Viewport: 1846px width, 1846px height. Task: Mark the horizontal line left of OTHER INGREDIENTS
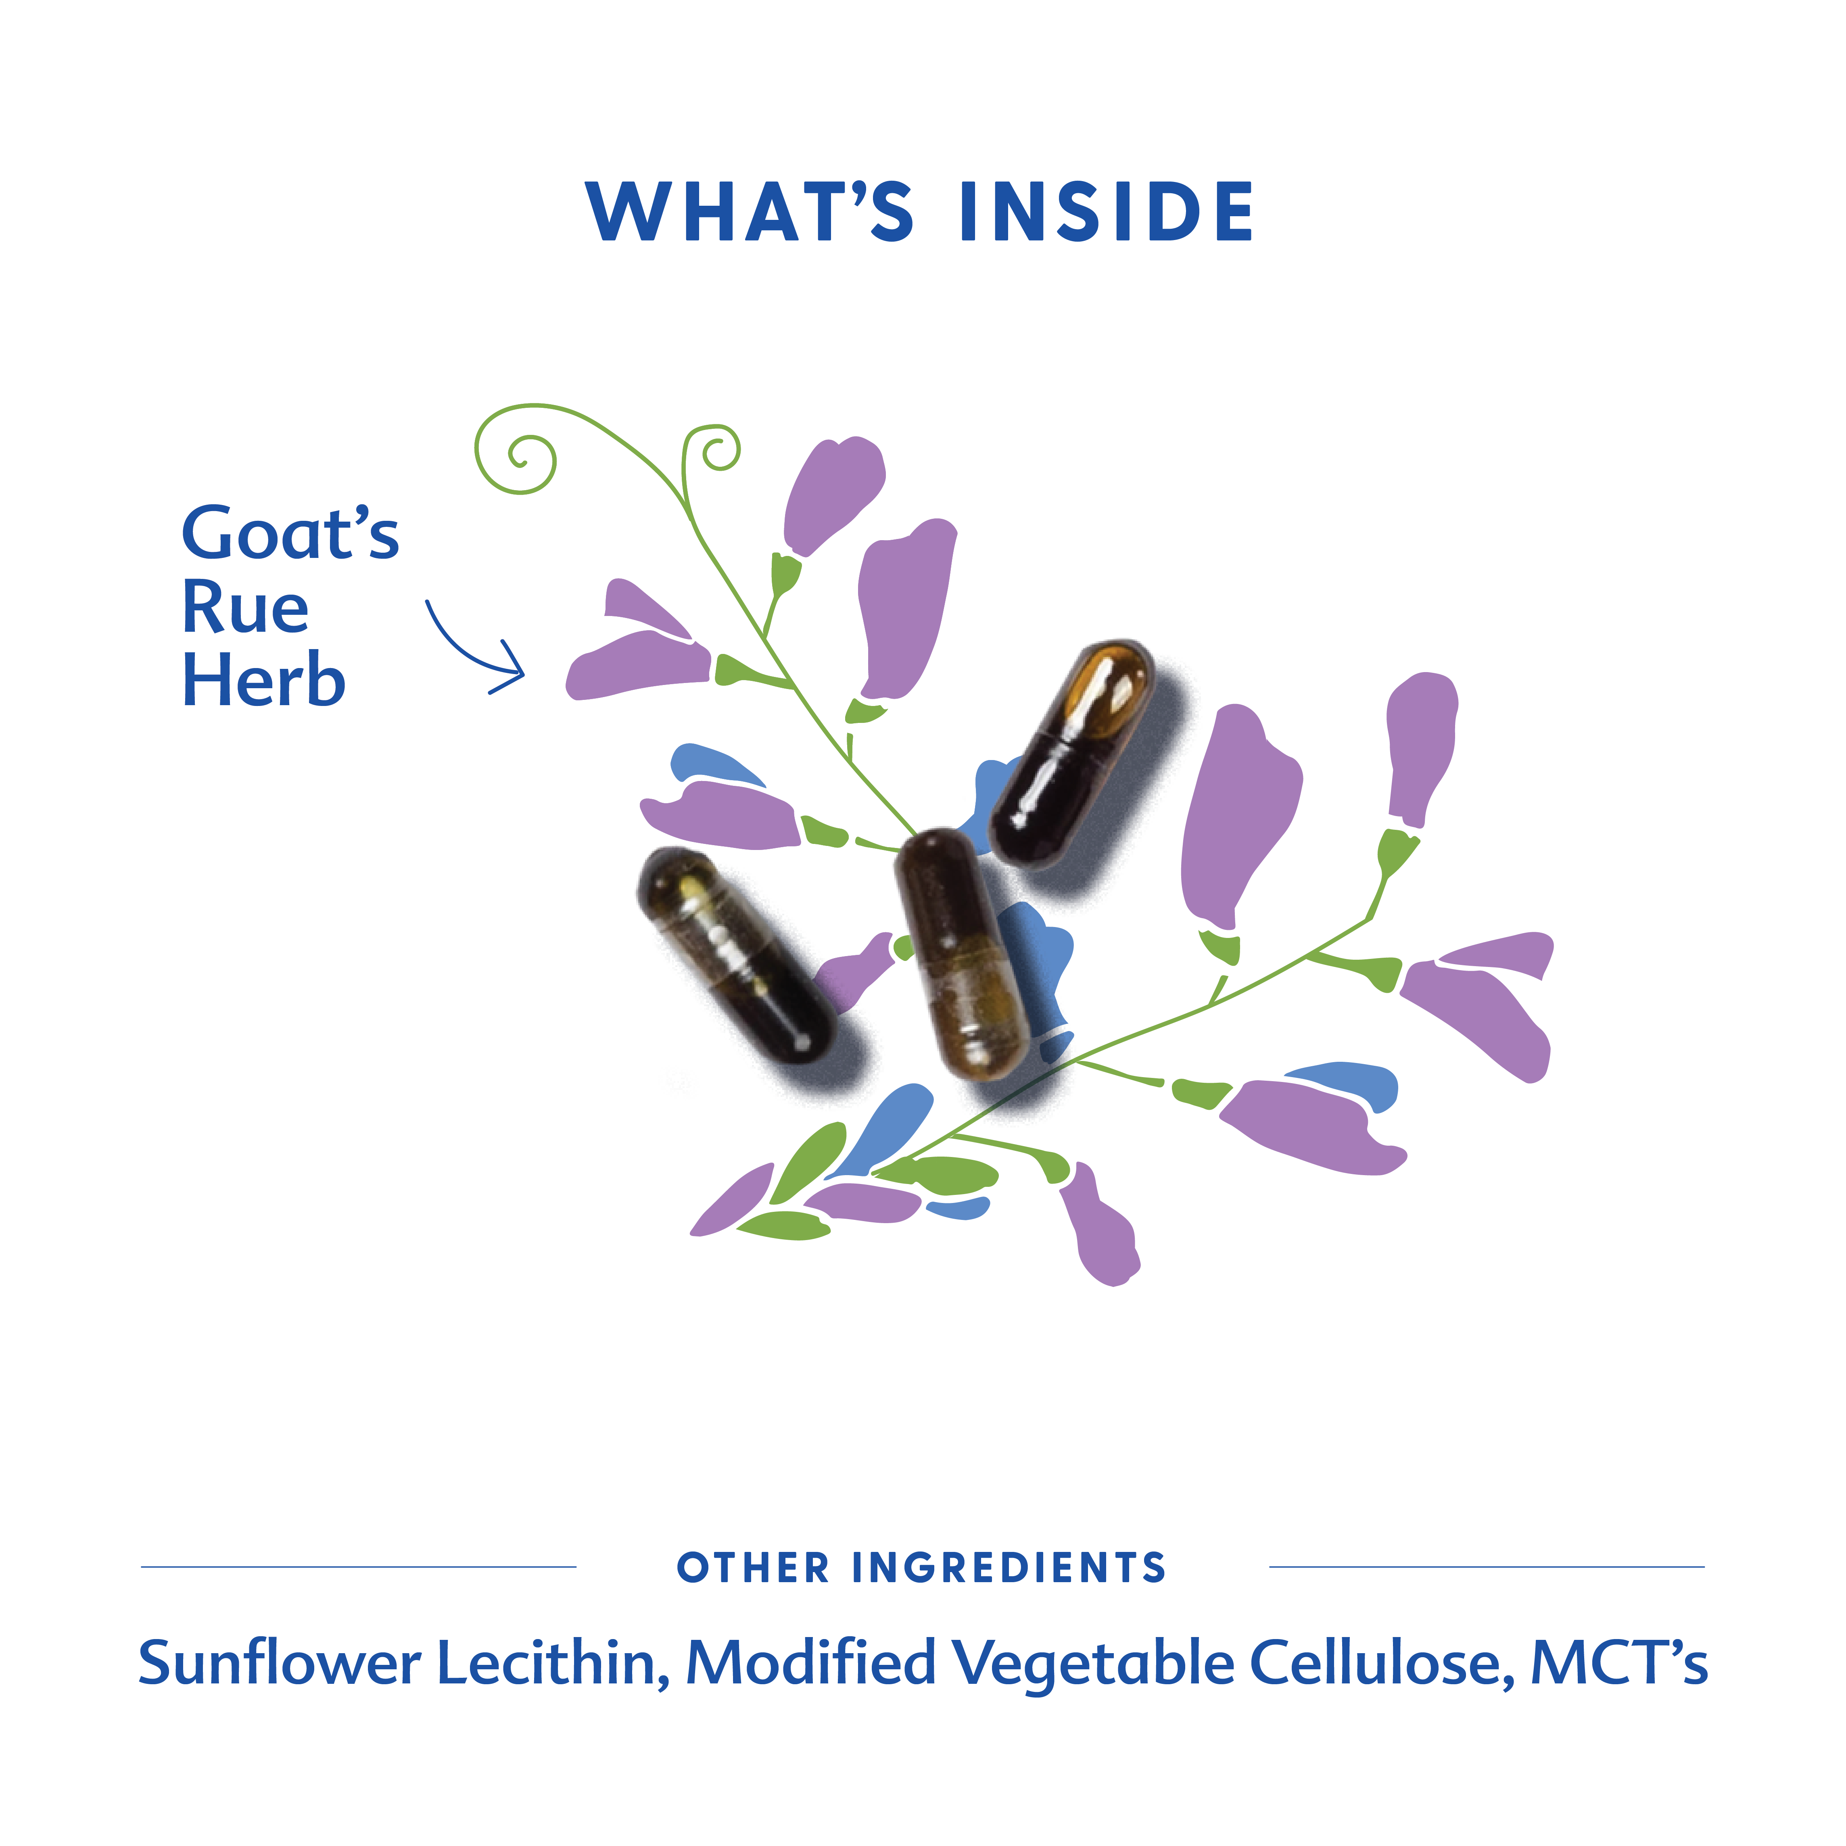(358, 1567)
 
